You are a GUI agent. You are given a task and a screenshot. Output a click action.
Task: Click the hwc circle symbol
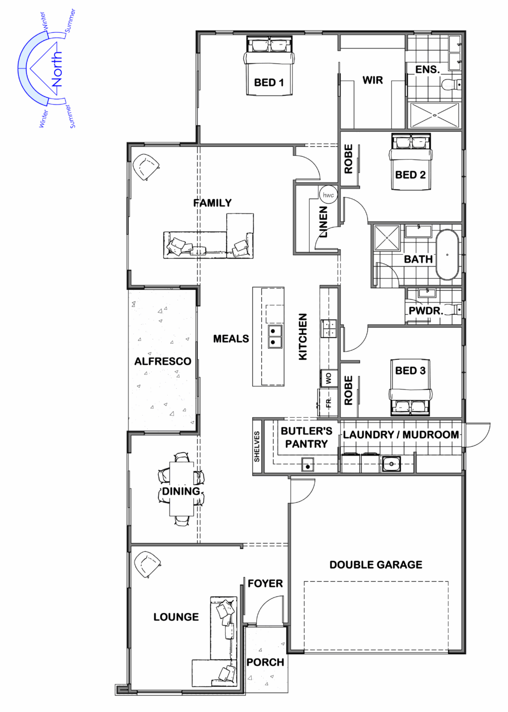tap(328, 195)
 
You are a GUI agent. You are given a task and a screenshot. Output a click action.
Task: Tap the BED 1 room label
tap(268, 83)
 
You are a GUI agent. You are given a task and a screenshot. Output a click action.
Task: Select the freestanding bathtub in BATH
tap(447, 255)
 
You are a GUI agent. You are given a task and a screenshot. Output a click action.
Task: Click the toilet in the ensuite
tap(451, 84)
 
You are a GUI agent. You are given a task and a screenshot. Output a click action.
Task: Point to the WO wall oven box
tap(328, 378)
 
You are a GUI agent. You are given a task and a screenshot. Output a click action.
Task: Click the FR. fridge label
tap(328, 403)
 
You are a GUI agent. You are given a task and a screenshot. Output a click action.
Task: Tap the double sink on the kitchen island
tap(275, 337)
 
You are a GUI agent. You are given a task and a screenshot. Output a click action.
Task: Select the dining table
tap(181, 489)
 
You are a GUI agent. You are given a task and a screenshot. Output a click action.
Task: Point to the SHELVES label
tap(257, 447)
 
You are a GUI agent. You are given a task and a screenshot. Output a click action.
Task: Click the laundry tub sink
tap(391, 464)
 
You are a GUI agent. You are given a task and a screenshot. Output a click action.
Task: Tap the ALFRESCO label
tap(162, 361)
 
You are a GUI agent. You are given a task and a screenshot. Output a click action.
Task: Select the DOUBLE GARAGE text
tap(376, 565)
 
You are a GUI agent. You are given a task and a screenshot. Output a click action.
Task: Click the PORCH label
tap(265, 662)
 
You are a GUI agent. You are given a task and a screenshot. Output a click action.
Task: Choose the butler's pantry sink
tap(307, 464)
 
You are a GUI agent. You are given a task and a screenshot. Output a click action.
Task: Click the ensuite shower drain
tap(435, 116)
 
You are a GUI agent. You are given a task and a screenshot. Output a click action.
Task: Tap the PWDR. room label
tap(426, 310)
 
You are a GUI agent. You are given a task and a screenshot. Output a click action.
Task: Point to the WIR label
tap(373, 80)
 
